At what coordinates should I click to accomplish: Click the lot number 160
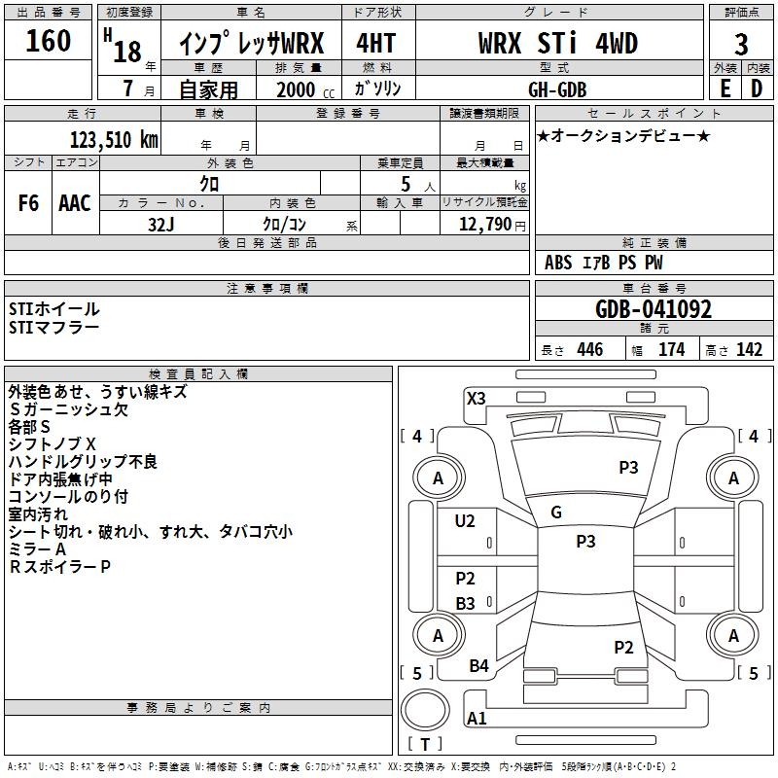[49, 41]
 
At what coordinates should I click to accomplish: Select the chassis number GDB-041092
[654, 309]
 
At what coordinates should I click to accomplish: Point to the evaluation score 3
[741, 45]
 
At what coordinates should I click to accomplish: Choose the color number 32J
[161, 223]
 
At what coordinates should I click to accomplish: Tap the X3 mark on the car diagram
[477, 398]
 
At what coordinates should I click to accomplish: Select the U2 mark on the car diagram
[465, 521]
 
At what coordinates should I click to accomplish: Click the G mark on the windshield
[556, 513]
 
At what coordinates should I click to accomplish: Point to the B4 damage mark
[478, 666]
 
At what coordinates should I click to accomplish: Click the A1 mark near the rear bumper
[477, 719]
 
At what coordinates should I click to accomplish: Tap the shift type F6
[28, 203]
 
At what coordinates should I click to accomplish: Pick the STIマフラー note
[53, 328]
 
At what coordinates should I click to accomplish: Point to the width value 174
[672, 350]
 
